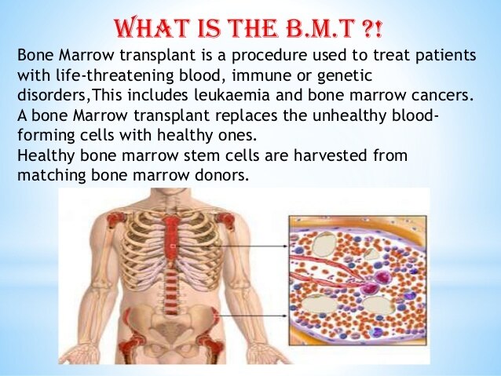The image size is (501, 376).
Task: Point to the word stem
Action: click(204, 155)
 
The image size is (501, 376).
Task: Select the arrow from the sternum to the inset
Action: click(231, 246)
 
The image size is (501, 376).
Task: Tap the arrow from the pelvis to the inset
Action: click(253, 316)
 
